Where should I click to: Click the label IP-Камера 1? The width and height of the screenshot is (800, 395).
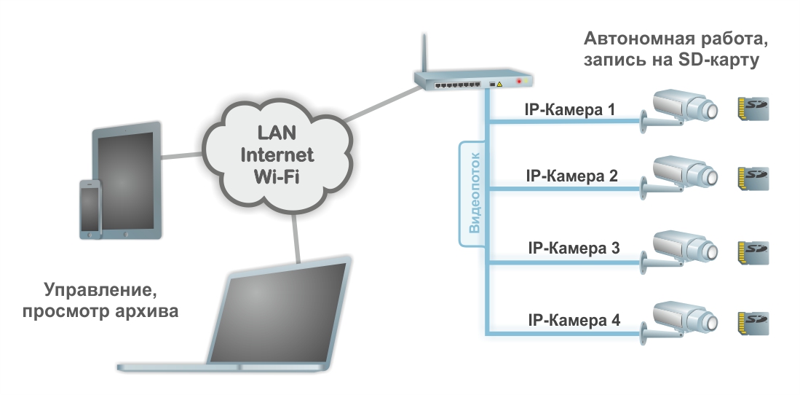pyautogui.click(x=570, y=111)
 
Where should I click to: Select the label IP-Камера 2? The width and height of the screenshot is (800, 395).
pyautogui.click(x=571, y=176)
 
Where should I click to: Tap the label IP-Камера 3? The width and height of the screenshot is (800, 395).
pyautogui.click(x=573, y=248)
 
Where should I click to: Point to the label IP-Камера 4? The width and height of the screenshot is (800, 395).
pyautogui.click(x=573, y=321)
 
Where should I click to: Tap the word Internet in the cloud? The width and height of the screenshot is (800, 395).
pyautogui.click(x=277, y=155)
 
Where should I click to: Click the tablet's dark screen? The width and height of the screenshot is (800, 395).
pyautogui.click(x=128, y=179)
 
